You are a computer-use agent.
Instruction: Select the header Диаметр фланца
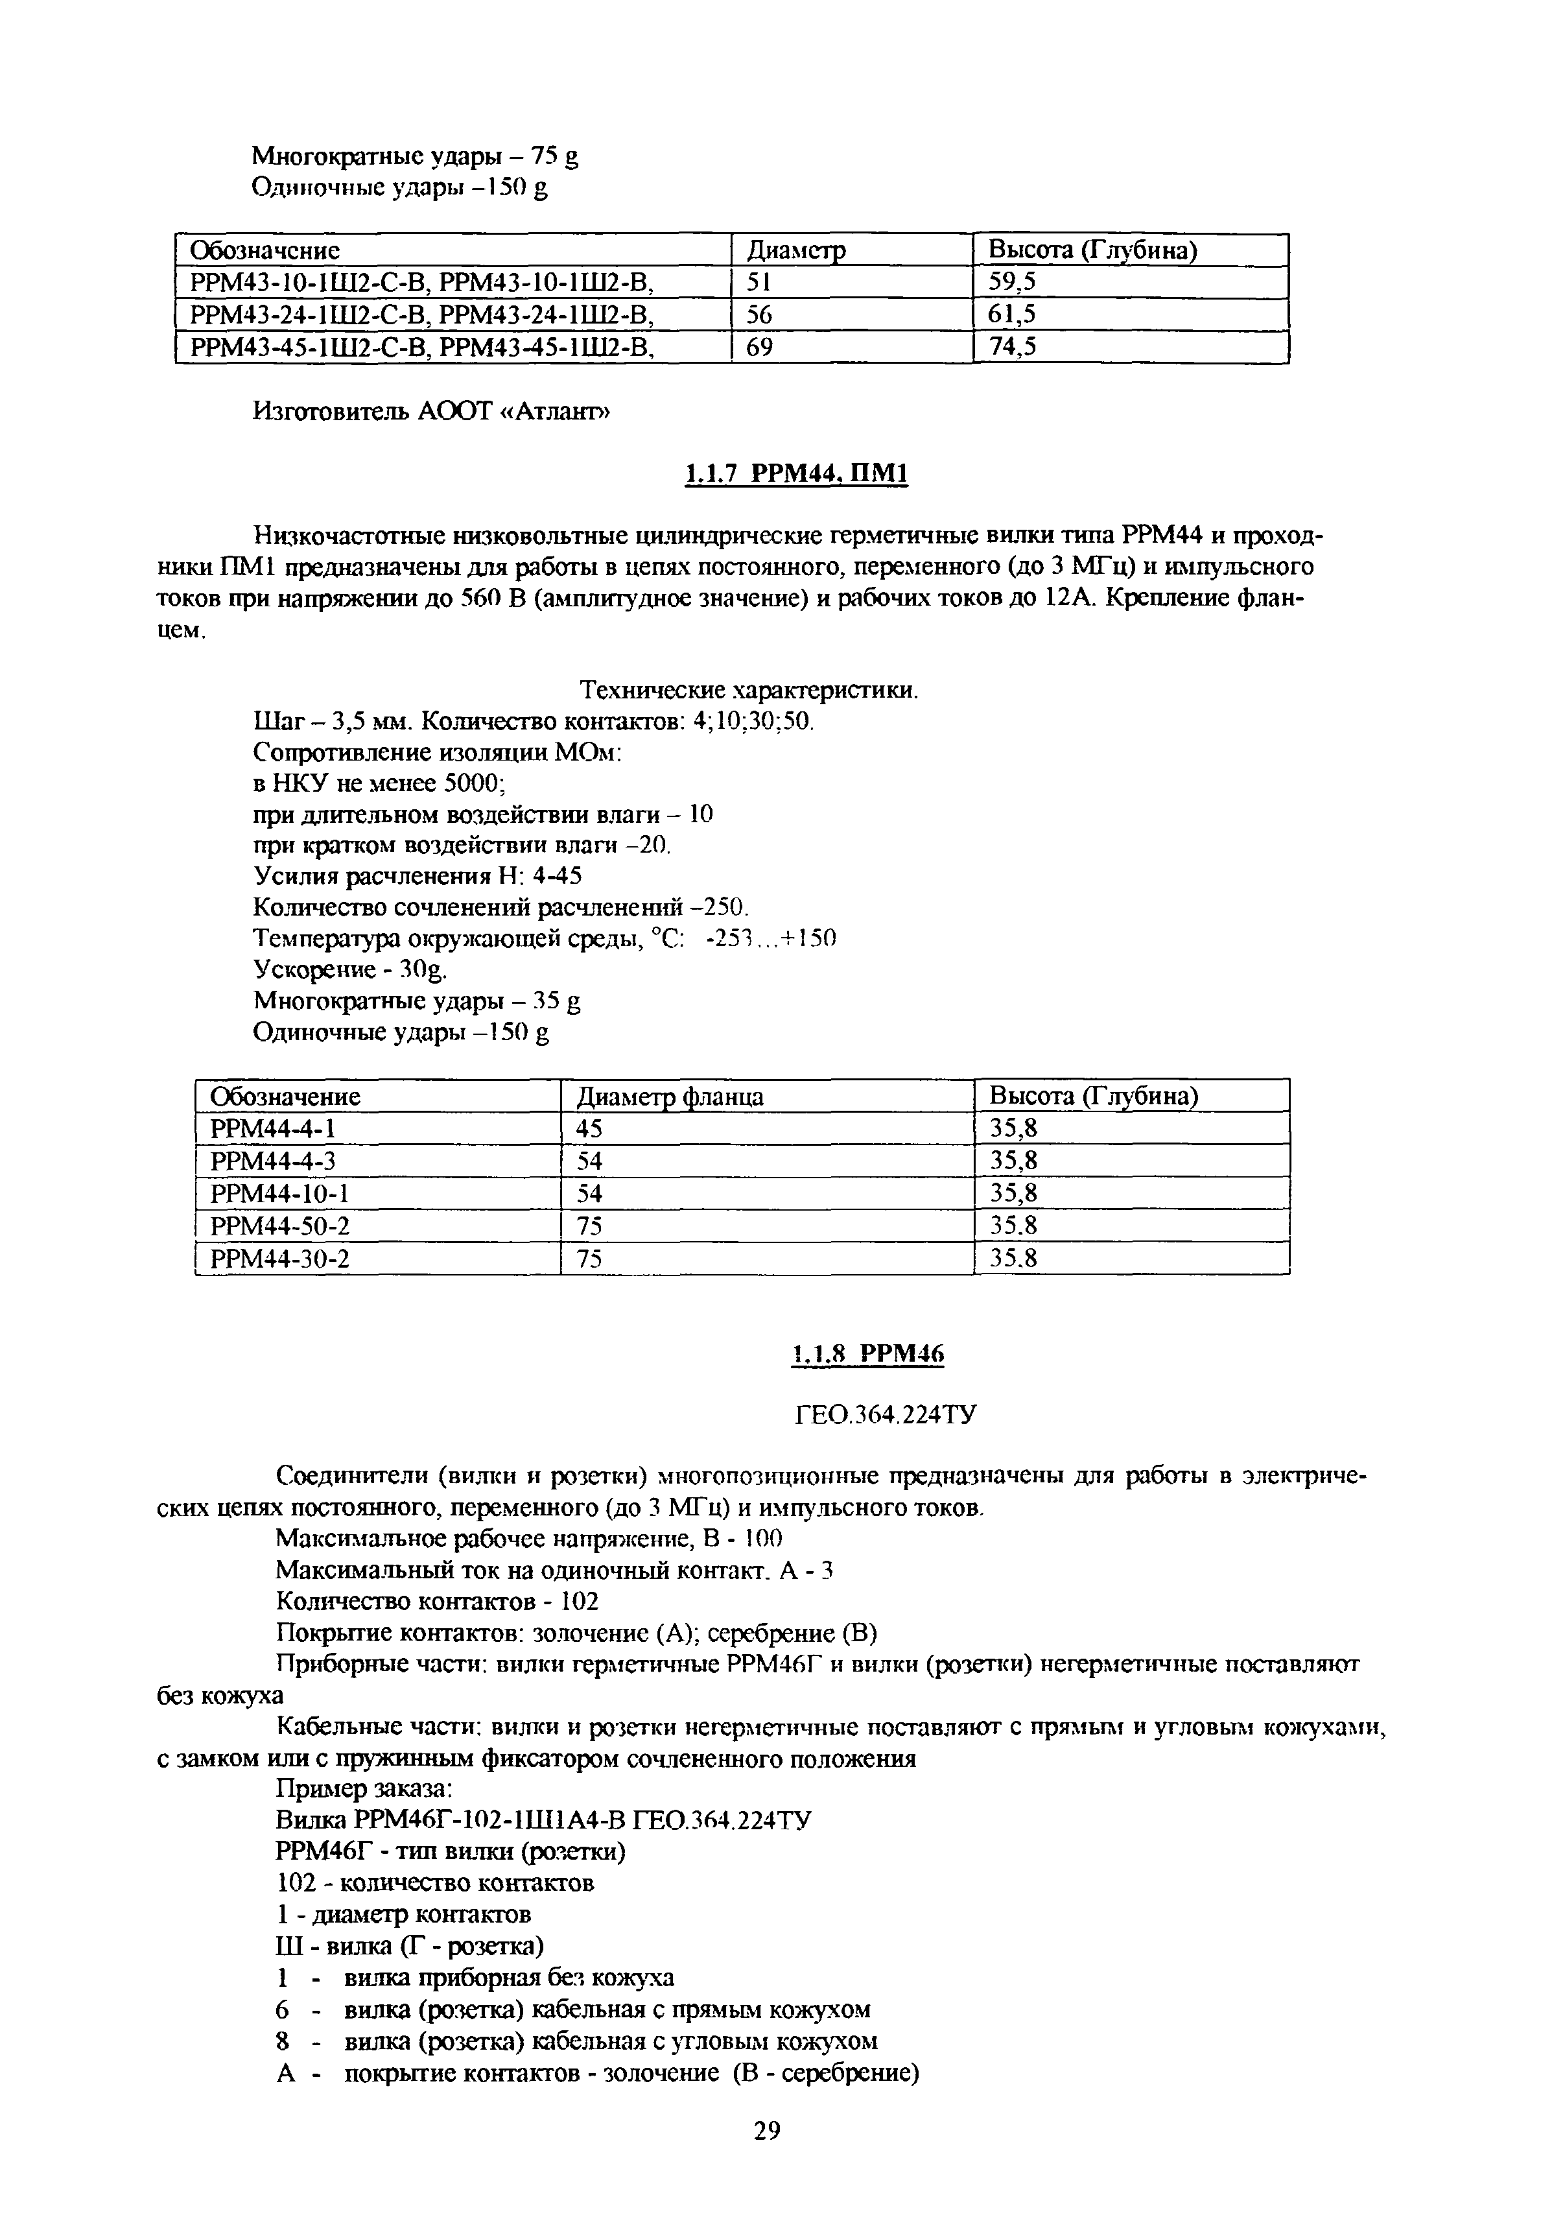point(669,1097)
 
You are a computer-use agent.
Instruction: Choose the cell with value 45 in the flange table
point(589,1129)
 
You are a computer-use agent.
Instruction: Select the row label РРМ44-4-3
point(272,1161)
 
